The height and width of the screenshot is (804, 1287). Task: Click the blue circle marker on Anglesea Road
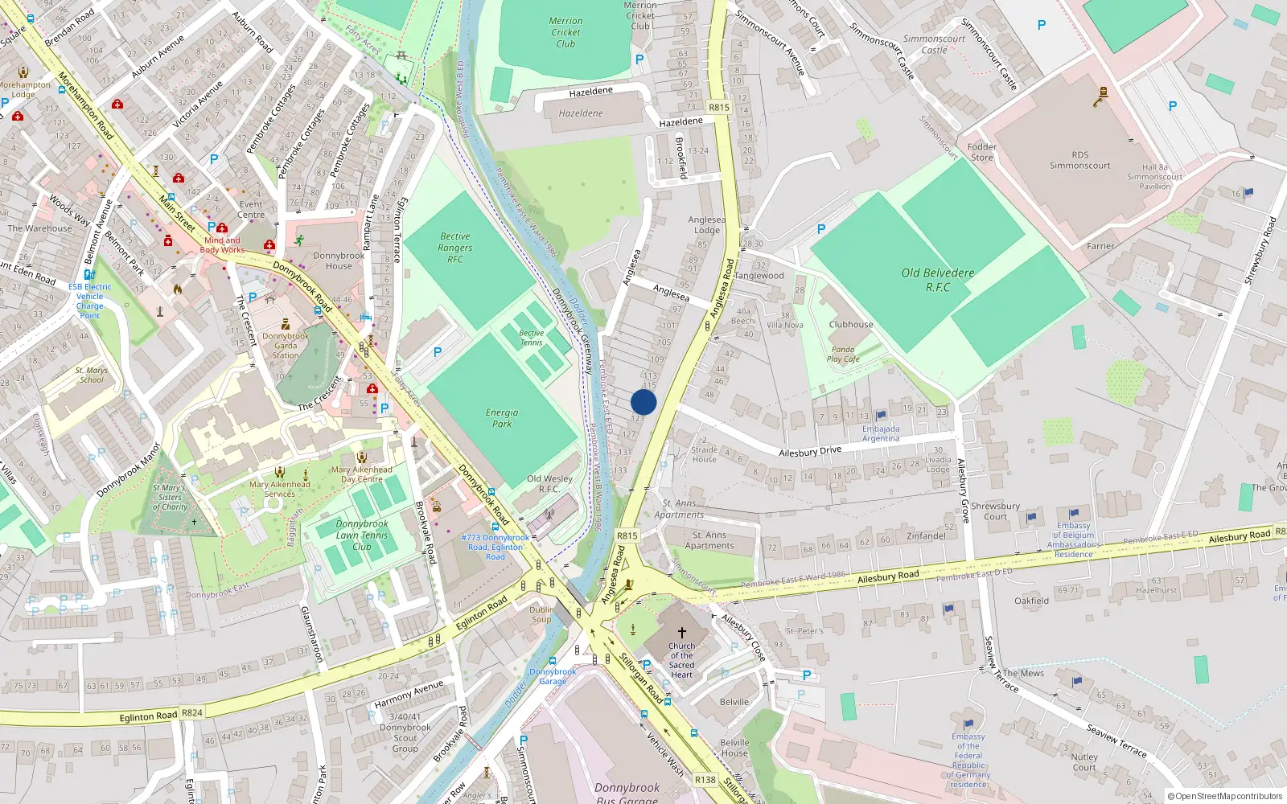[x=643, y=402]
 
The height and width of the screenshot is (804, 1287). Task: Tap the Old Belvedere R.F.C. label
[x=938, y=280]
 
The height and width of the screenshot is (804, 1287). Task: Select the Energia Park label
[x=502, y=417]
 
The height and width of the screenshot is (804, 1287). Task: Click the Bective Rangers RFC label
[x=455, y=248]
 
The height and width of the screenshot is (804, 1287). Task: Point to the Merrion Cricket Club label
[x=565, y=32]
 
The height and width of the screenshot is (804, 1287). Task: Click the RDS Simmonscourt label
[x=1079, y=160]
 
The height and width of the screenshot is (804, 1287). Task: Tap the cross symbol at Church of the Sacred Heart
[x=682, y=634]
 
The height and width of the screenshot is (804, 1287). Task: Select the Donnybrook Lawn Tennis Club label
[x=362, y=535]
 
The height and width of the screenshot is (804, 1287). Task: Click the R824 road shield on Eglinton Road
[x=192, y=712]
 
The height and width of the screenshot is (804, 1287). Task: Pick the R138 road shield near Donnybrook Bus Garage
[x=705, y=779]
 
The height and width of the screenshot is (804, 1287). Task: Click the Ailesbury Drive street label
[x=810, y=452]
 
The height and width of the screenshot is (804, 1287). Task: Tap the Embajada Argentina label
[x=881, y=433]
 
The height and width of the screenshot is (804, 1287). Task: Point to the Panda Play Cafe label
[x=843, y=355]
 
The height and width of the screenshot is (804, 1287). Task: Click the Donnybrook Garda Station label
[x=286, y=346]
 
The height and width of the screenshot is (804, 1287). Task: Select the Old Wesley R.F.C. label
[x=549, y=483]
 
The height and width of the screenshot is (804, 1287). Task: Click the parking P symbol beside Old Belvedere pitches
[x=821, y=229]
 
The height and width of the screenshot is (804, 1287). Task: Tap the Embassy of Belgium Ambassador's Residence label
[x=1074, y=539]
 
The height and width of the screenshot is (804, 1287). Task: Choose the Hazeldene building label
[x=581, y=113]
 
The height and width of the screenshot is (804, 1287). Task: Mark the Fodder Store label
[x=982, y=152]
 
